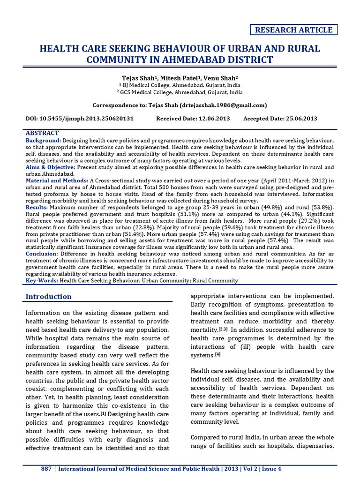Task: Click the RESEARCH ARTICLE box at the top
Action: (293, 30)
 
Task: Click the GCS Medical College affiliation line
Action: (180, 92)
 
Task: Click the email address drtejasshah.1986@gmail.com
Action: (223, 105)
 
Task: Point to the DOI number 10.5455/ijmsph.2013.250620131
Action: (93, 119)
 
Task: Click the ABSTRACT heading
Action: (42, 133)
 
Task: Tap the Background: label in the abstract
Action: (43, 141)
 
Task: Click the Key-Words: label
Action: (41, 280)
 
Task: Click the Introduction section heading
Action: (48, 296)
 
